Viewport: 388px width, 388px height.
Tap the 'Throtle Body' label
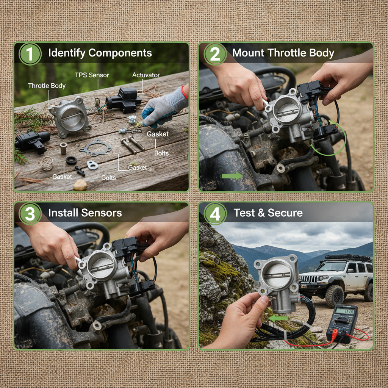(x=47, y=86)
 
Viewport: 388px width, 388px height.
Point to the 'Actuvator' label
(x=146, y=75)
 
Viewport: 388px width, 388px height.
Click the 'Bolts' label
(x=161, y=153)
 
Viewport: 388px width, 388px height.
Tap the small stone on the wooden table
(x=80, y=185)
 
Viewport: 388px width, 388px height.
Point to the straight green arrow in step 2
(x=232, y=176)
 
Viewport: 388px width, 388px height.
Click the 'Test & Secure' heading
(x=268, y=213)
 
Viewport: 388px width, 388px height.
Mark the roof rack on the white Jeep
(x=348, y=258)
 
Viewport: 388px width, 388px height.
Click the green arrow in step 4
(x=281, y=319)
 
